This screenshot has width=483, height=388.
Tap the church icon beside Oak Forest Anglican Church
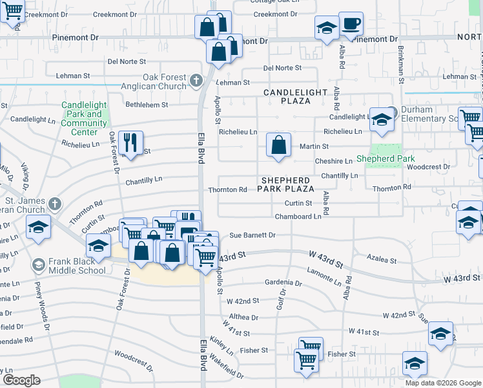197,81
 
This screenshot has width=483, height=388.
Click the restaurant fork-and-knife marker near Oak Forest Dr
132,143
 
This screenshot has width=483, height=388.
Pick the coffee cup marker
351,25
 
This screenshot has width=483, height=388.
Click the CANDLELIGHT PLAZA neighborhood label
295,97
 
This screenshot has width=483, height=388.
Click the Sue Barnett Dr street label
252,235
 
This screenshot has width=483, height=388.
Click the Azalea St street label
382,259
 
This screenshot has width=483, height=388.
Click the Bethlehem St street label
147,104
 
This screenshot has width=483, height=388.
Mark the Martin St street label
314,147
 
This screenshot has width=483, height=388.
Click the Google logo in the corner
21,380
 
